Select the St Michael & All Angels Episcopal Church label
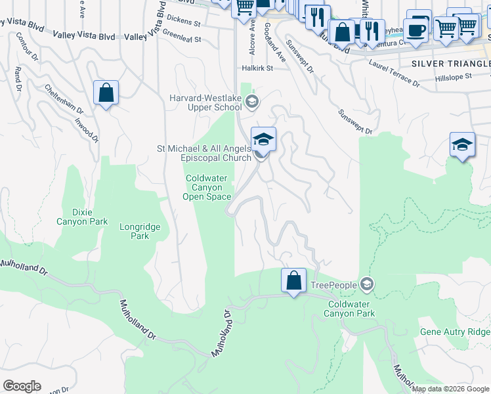pyautogui.click(x=203, y=153)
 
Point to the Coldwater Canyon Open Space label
pyautogui.click(x=207, y=187)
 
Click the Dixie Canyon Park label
pyautogui.click(x=90, y=217)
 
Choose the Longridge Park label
pyautogui.click(x=139, y=231)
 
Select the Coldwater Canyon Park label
pyautogui.click(x=351, y=309)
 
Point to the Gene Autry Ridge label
pyautogui.click(x=455, y=332)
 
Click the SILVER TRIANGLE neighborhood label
pyautogui.click(x=450, y=63)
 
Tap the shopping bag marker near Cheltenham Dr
pyautogui.click(x=106, y=93)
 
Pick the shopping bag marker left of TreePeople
pyautogui.click(x=294, y=280)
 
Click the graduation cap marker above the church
pyautogui.click(x=263, y=139)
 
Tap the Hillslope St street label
pyautogui.click(x=454, y=77)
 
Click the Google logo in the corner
pyautogui.click(x=22, y=386)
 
